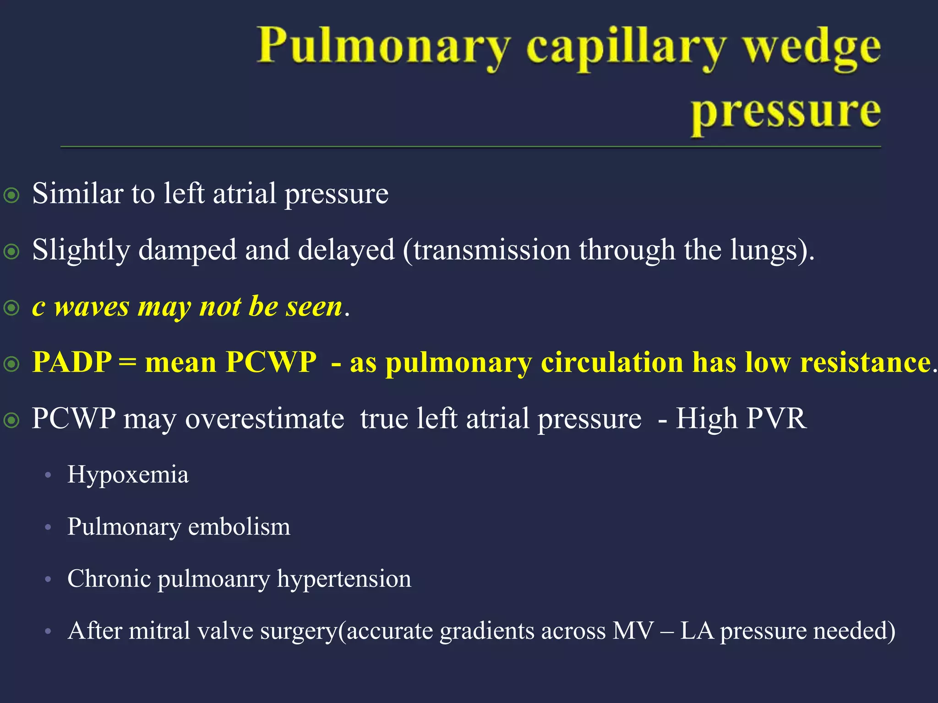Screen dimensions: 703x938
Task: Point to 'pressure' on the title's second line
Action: [x=785, y=113]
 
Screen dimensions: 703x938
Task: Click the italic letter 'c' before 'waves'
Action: [x=38, y=307]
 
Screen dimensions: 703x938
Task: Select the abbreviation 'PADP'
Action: [x=72, y=362]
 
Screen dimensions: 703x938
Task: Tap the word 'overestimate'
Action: [x=264, y=419]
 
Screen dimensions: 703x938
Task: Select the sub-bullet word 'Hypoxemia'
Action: [x=128, y=475]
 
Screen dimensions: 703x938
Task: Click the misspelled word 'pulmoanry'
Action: [x=214, y=579]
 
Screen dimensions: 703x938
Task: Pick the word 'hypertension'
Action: [x=344, y=579]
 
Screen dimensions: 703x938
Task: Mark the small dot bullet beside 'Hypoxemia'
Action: [x=48, y=476]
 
